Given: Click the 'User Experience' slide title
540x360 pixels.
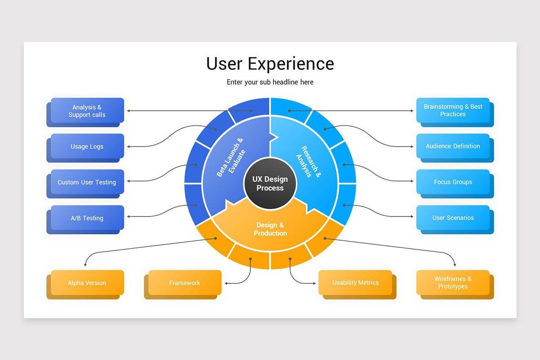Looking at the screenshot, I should [270, 63].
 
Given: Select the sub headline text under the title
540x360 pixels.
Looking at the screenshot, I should [270, 82].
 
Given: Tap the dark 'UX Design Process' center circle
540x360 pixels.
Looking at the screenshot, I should [270, 184].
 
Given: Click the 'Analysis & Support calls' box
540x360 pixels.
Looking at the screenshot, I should [87, 111].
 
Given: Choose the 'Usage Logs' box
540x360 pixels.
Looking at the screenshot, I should [87, 146].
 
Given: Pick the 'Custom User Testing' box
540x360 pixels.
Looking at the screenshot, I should [87, 182].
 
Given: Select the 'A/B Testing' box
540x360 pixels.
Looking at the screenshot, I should [87, 218].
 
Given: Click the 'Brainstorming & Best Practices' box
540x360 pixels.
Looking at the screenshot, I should [453, 110].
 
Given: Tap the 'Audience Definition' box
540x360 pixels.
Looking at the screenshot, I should [453, 146].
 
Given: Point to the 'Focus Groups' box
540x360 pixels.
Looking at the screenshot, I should [453, 182].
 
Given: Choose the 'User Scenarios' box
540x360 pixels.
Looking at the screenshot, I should [453, 218].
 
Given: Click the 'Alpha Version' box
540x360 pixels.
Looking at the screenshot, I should [87, 283].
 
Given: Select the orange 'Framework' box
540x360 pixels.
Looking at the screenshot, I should [184, 283].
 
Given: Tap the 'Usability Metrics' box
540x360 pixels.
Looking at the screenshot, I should [355, 283].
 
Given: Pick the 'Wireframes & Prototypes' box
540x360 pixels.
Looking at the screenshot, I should [453, 283].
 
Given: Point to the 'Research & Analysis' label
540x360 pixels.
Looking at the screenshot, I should [309, 161].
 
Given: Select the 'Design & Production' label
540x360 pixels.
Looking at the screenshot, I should [270, 229].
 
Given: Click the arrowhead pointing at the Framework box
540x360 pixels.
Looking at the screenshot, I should [226, 283].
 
